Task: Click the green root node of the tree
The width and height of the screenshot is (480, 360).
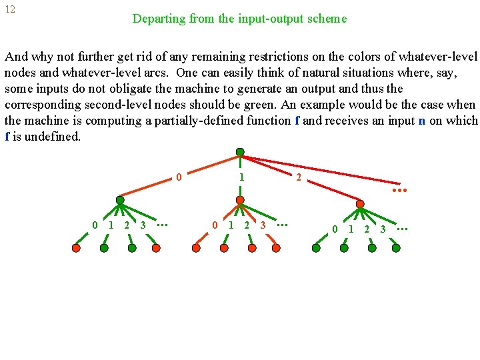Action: point(240,152)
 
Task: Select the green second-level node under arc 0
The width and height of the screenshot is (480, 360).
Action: point(120,199)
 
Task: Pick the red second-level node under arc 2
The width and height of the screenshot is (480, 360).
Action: point(360,204)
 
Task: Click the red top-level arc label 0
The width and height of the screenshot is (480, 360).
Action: point(179,177)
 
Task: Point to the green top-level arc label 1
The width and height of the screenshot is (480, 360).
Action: point(241,177)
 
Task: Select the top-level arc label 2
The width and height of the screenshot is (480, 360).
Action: point(298,177)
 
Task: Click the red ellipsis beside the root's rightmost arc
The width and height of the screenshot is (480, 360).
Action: point(399,190)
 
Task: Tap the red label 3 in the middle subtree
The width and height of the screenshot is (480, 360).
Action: point(263,225)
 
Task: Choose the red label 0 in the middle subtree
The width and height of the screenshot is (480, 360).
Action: point(215,225)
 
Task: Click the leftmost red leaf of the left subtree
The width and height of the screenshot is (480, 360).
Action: point(76,248)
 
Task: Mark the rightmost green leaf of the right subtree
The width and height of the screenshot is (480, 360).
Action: point(396,248)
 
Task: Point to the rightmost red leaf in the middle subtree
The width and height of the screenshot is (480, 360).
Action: point(276,248)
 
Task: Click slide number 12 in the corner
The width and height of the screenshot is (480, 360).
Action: point(10,10)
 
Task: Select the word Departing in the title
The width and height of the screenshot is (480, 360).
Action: point(159,19)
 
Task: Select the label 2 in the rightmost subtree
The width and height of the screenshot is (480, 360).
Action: point(367,229)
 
